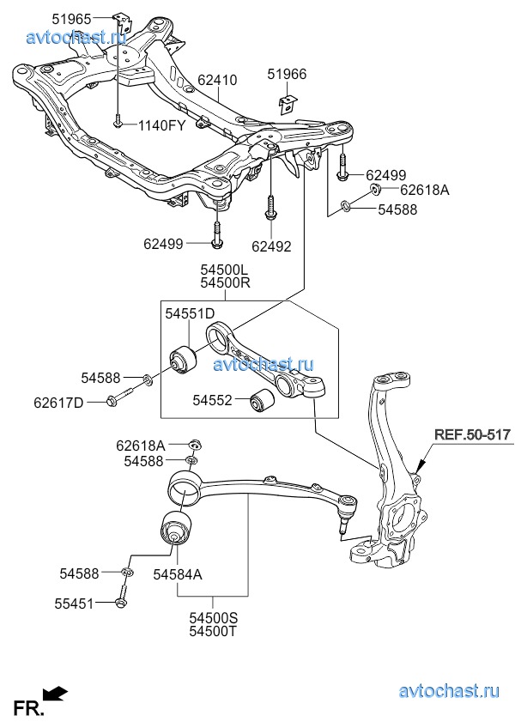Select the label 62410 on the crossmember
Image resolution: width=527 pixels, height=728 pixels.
(x=217, y=81)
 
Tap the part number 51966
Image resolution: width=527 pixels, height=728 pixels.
(x=286, y=74)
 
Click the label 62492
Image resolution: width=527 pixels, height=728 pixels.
(x=271, y=246)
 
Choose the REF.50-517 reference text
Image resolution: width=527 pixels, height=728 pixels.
(x=472, y=435)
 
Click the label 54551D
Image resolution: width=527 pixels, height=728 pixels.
(x=190, y=314)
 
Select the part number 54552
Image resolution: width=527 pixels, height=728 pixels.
(x=212, y=400)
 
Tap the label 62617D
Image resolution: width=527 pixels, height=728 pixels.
(x=59, y=401)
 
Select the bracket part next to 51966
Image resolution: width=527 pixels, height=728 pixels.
(x=286, y=104)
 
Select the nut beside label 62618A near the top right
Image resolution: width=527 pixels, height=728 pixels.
(x=375, y=189)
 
